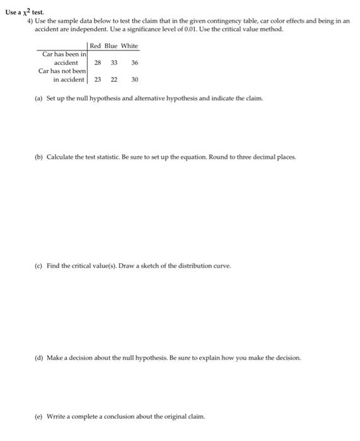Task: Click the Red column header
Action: click(95, 46)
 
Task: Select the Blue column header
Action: click(111, 46)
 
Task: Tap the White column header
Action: click(129, 46)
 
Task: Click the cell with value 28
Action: click(98, 63)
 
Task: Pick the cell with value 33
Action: click(114, 63)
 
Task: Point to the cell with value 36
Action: click(134, 63)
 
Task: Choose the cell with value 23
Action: click(98, 80)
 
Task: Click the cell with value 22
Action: click(114, 80)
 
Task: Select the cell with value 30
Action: click(134, 80)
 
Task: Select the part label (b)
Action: click(39, 156)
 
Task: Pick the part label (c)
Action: click(39, 266)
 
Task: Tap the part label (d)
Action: click(39, 357)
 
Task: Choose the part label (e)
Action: click(39, 416)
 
